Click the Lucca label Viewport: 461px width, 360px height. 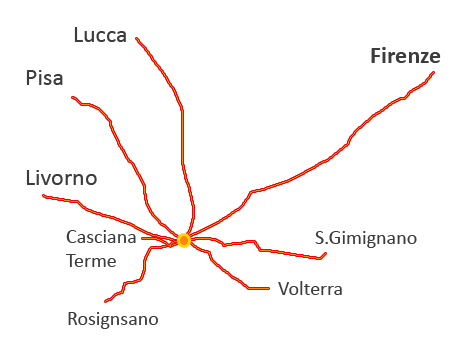[x=100, y=36]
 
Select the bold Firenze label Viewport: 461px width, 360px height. [x=405, y=56]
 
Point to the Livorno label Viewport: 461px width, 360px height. [x=61, y=179]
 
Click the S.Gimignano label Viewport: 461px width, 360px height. [x=365, y=238]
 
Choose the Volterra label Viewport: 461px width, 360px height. [x=310, y=290]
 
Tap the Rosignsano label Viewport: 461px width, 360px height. [x=113, y=319]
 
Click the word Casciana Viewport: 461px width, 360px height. [x=100, y=239]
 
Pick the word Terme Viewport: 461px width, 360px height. [x=91, y=261]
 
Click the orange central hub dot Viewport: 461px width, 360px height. [x=184, y=240]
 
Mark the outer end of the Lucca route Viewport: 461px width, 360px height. [x=137, y=39]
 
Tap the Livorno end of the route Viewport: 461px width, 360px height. [x=44, y=196]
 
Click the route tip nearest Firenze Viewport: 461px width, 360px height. [x=434, y=73]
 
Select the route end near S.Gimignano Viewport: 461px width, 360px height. [x=326, y=256]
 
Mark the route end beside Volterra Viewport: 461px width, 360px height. [x=269, y=289]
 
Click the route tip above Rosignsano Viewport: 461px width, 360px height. [x=105, y=301]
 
